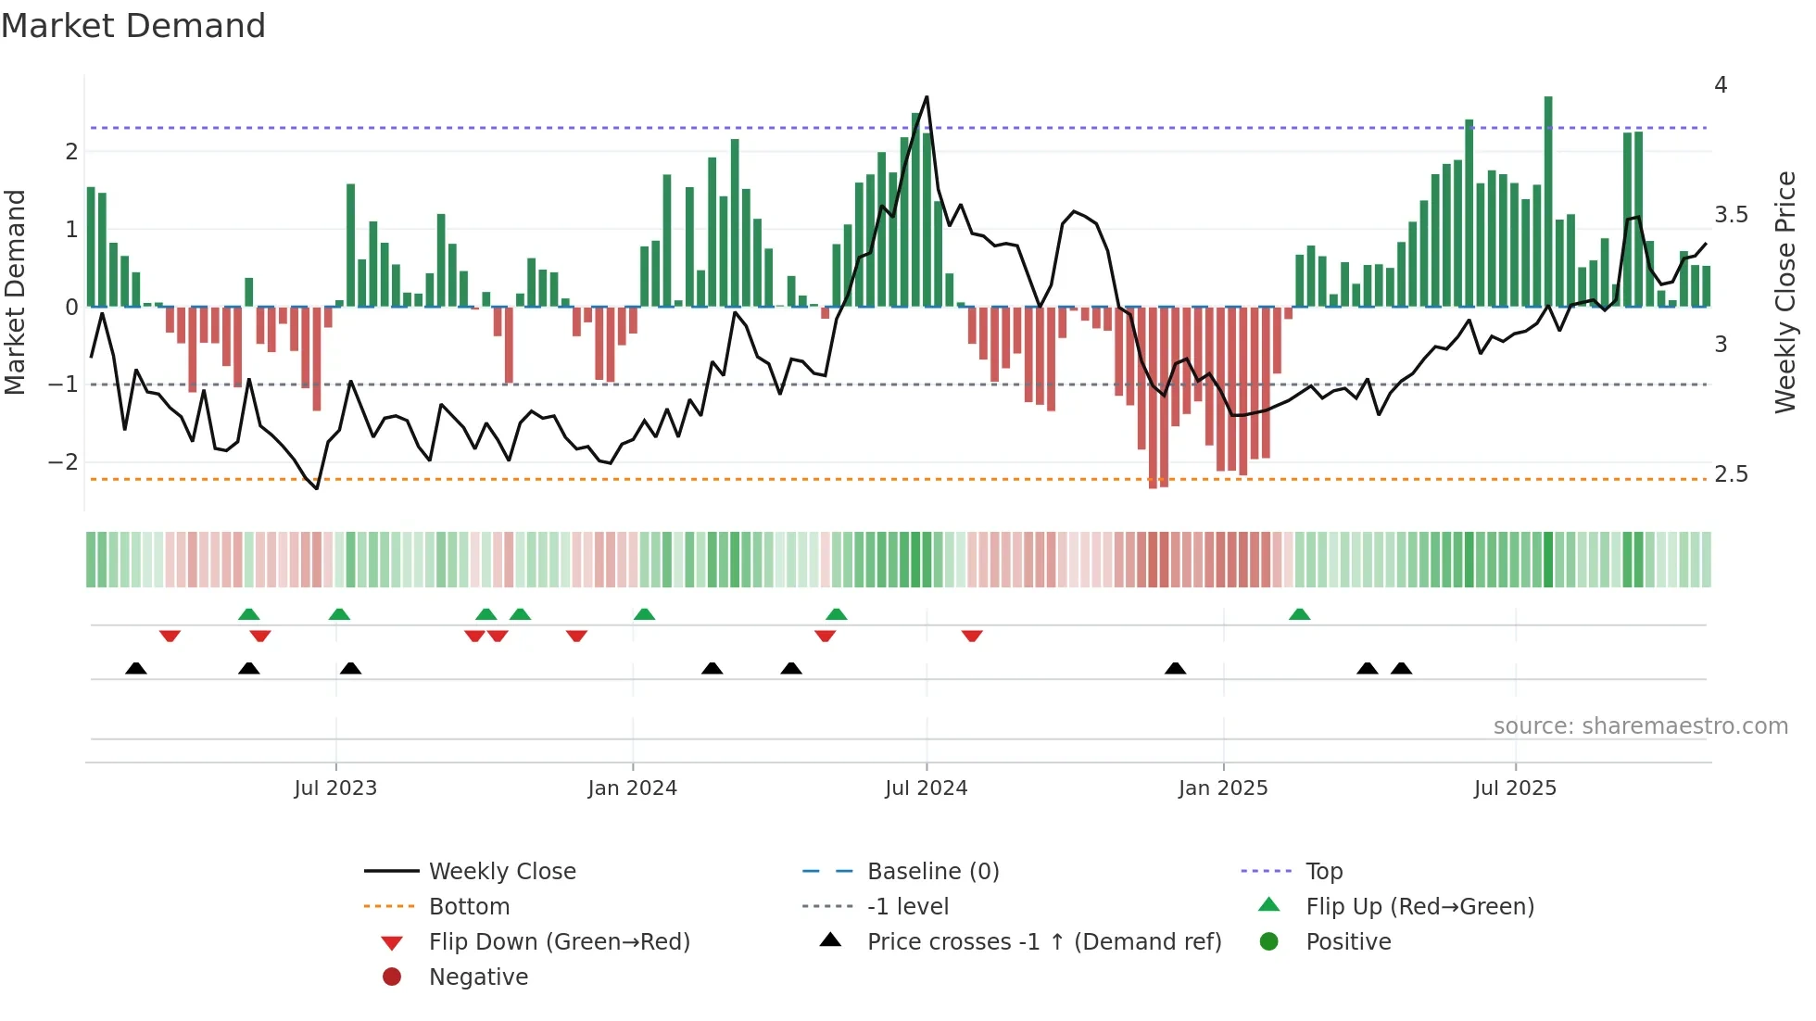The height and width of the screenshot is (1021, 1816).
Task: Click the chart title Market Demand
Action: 133,25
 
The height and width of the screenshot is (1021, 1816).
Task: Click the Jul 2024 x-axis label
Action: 926,788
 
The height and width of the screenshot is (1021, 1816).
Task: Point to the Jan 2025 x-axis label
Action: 1222,788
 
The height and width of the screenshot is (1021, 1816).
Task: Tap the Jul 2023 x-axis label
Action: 335,788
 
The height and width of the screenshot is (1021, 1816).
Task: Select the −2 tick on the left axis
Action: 63,461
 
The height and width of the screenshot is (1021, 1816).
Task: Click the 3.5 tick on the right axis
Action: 1730,215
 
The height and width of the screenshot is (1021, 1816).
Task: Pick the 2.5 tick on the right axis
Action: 1730,474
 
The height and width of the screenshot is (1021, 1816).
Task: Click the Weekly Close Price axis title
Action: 1784,292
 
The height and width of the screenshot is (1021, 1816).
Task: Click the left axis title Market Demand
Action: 16,292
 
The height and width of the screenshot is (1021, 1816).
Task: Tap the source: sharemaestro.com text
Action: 1640,725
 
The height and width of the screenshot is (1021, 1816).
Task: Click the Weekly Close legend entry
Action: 501,871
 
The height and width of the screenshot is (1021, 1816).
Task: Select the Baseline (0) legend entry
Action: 932,871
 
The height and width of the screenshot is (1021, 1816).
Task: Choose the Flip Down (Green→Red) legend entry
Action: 559,941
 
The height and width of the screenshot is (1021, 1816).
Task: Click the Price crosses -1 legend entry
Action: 1043,941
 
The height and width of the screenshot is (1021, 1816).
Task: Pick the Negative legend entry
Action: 478,977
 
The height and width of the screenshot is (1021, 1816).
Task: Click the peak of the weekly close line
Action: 927,97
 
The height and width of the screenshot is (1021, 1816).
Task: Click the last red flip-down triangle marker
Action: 972,636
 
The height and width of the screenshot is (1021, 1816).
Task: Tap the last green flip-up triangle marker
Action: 1300,614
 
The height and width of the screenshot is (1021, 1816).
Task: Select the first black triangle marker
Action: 136,668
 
